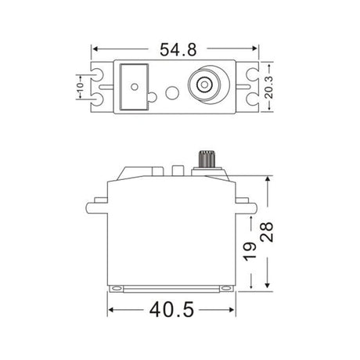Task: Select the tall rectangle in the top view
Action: click(134, 88)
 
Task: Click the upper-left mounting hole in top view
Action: click(100, 77)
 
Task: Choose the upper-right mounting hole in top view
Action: click(250, 77)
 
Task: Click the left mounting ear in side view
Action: click(95, 207)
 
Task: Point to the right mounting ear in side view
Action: click(247, 207)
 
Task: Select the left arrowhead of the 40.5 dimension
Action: click(111, 310)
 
